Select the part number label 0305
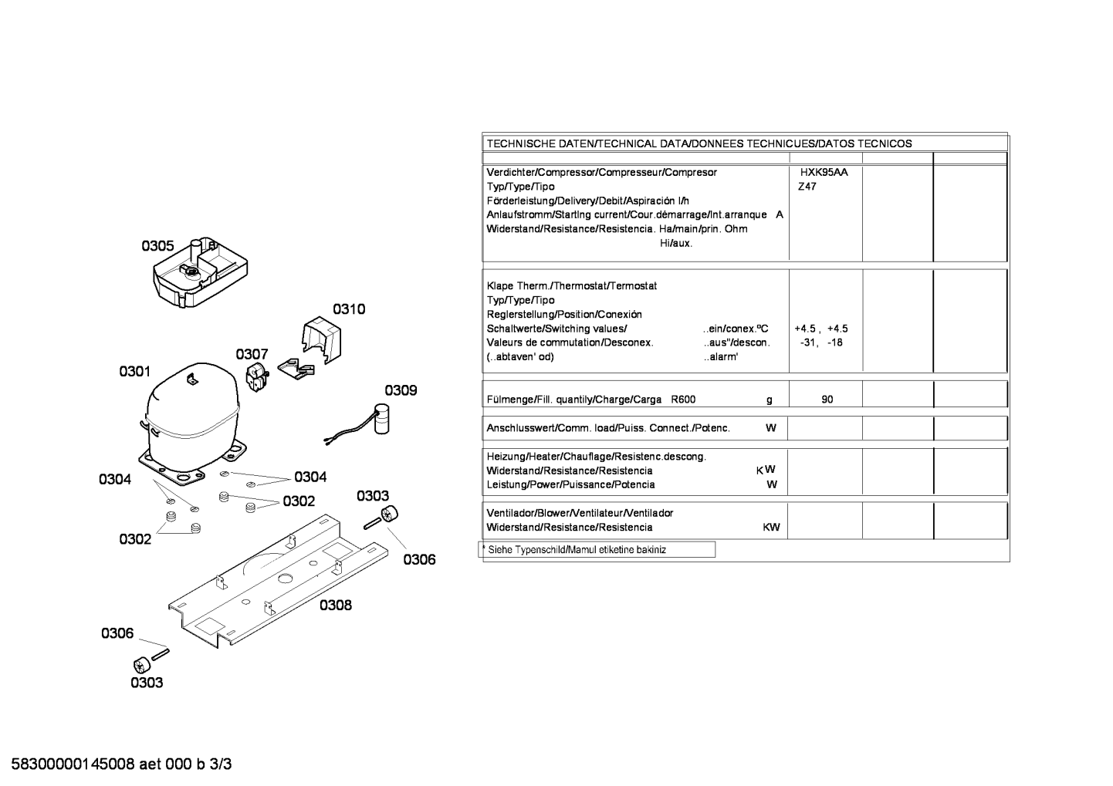[x=157, y=246]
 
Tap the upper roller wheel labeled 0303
[x=391, y=513]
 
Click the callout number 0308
[x=336, y=606]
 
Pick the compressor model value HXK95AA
[x=824, y=173]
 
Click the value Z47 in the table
[x=807, y=187]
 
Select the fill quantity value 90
[x=827, y=400]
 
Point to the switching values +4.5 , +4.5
[x=820, y=329]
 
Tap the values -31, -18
[x=821, y=342]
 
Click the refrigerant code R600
[x=683, y=400]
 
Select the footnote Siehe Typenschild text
[x=577, y=550]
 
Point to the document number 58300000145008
[x=74, y=764]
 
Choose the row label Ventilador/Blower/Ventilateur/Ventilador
[x=580, y=513]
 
